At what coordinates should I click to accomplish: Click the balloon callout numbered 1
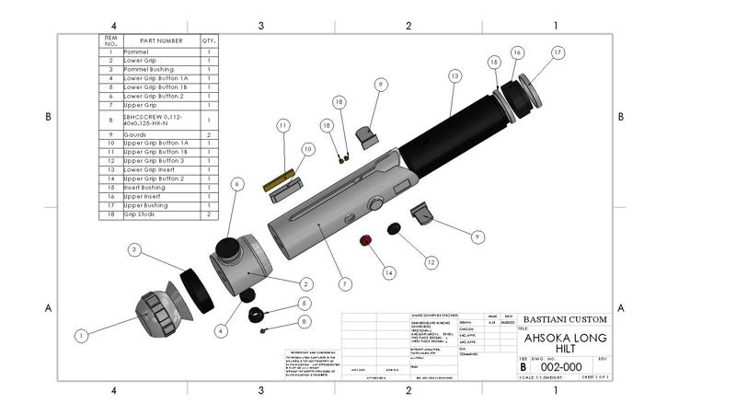pos(81,337)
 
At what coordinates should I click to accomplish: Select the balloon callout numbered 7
pos(345,284)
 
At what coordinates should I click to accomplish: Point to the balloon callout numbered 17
pos(558,53)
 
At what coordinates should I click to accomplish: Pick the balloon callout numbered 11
pos(283,124)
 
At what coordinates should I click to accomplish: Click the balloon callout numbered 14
pos(389,273)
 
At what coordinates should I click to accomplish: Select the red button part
pos(364,241)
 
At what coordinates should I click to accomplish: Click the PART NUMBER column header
pos(161,41)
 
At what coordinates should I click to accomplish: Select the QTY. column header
pos(209,41)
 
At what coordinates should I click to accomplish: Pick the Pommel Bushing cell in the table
pos(148,70)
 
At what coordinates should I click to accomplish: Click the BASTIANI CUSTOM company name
pos(565,319)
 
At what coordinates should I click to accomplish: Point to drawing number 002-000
pos(562,366)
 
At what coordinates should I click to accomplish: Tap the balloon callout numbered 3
pos(134,249)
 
